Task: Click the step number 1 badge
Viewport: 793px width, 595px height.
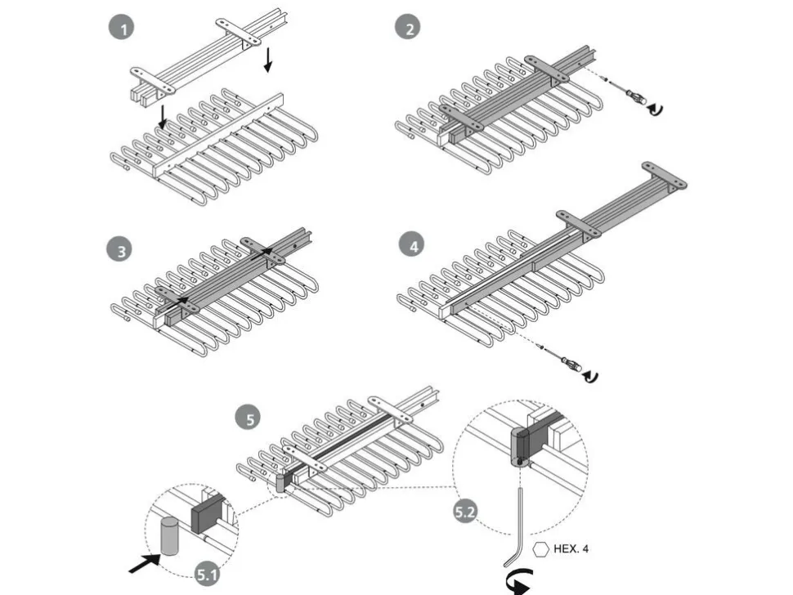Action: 121,27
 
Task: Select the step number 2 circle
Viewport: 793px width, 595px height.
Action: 408,27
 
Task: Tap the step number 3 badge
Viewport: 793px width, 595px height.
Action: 120,250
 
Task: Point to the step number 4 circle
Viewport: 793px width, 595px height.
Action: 412,244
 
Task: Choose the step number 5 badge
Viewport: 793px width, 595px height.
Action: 249,418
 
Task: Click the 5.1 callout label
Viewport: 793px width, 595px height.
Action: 208,574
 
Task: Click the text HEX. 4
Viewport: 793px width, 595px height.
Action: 571,549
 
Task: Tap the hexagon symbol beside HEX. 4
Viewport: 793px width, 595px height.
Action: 540,549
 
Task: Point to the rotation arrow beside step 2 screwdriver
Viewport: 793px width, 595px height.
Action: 656,108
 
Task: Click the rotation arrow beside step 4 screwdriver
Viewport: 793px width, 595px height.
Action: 591,377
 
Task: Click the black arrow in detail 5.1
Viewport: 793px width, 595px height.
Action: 145,563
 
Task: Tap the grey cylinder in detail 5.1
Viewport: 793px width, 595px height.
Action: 169,536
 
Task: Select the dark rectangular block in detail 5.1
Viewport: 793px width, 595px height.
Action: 207,513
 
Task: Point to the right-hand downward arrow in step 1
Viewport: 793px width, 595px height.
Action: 268,60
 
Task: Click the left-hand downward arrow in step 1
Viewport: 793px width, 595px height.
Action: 162,117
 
